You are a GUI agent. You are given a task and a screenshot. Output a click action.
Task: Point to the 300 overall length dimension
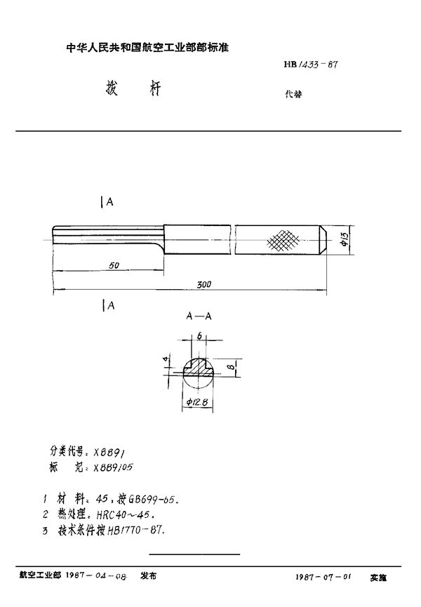tap(204, 285)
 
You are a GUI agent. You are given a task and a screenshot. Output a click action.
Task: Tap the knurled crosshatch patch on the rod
tap(283, 241)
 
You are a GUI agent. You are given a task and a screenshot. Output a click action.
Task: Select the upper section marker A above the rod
tap(109, 202)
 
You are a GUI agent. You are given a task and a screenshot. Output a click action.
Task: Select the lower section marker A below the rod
tap(109, 305)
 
